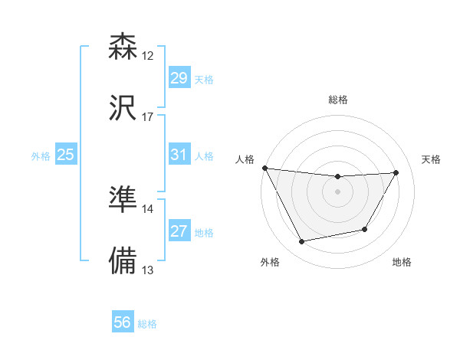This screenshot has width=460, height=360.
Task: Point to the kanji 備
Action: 123,260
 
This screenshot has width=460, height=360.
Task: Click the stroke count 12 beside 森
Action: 148,56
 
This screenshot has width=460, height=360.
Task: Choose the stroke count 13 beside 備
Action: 148,270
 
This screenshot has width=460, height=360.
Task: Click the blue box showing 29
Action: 179,78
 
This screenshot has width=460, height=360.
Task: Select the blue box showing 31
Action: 179,155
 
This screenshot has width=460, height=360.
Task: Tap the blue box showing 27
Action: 179,231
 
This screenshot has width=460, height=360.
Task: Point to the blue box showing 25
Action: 66,155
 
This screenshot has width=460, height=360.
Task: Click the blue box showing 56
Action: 123,322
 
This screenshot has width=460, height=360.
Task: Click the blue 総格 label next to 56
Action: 147,324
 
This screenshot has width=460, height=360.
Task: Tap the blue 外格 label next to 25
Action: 41,156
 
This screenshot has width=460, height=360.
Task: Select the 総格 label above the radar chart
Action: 338,100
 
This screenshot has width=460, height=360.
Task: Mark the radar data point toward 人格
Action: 264,168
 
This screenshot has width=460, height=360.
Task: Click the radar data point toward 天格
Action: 396,172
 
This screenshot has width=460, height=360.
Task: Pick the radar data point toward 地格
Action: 365,229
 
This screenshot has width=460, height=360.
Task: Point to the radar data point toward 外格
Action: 302,242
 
